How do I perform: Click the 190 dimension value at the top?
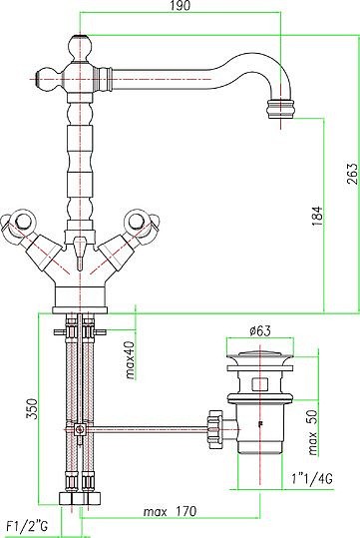coord(180,6)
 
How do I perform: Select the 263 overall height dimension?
coord(352,174)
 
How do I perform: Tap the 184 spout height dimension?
coord(317,216)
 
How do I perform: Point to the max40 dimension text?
coord(131,360)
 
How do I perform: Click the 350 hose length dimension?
coord(32,408)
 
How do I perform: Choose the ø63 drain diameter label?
coord(260,331)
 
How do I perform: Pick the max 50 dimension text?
coord(313,432)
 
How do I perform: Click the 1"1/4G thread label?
coord(312,479)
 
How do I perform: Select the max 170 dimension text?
coord(171,512)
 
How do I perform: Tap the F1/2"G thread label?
coord(28,526)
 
